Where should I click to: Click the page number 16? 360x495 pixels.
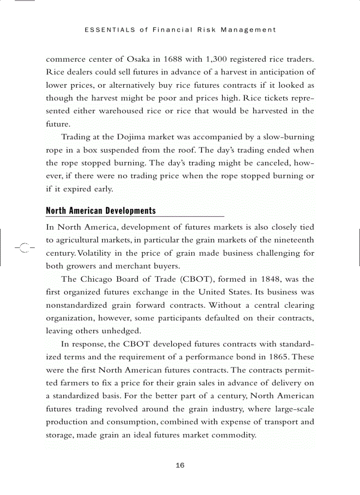tap(180, 465)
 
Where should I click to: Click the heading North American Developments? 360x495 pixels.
tap(101, 211)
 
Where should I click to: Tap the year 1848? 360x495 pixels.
tap(270, 279)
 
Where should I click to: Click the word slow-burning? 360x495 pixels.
tap(286, 137)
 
